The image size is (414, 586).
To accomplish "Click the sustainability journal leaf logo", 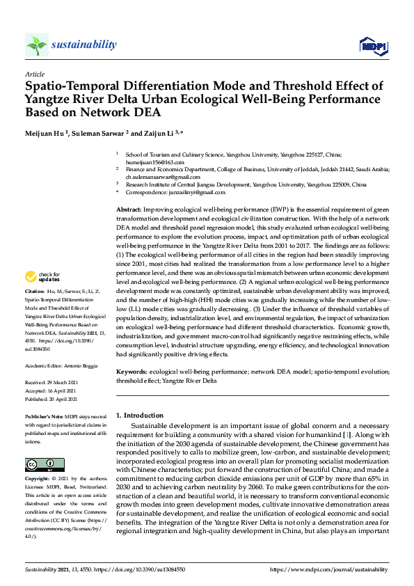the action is pyautogui.click(x=37, y=45).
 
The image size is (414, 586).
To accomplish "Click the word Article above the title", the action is pyautogui.click(x=35, y=73).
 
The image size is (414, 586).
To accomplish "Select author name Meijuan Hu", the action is pyautogui.click(x=51, y=133).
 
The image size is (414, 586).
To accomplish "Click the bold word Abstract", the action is pyautogui.click(x=129, y=209).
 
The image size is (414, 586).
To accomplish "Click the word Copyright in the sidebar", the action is pyautogui.click(x=37, y=480).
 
